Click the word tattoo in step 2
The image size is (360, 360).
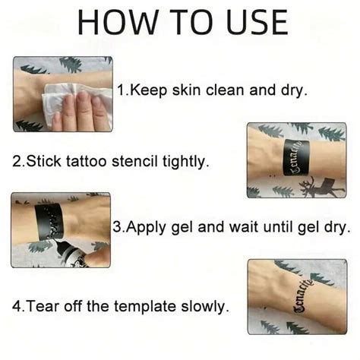point(87,162)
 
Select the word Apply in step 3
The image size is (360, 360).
point(144,226)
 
